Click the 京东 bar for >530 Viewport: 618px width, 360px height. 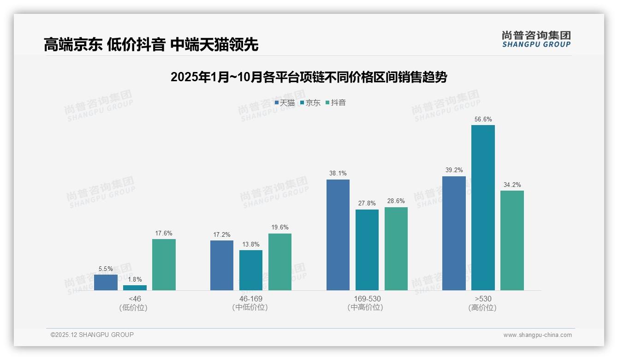point(483,208)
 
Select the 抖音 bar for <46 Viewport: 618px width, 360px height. point(164,264)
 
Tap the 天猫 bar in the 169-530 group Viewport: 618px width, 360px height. point(338,235)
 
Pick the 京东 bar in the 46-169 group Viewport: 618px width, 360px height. point(251,270)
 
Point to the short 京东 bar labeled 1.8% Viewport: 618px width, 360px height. point(135,288)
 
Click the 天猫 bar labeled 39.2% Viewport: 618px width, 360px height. point(454,233)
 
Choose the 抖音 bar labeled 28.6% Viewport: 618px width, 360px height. point(396,249)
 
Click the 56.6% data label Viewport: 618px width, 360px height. point(483,119)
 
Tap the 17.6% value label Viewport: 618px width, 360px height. point(164,233)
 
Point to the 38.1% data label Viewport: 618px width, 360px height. point(338,174)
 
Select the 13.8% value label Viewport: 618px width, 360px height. point(251,244)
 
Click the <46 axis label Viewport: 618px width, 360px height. point(135,299)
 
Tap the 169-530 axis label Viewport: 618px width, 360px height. point(367,299)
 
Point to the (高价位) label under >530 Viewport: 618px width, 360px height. point(483,308)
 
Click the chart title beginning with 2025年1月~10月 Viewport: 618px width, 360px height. point(309,77)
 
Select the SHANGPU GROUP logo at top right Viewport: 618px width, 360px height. point(536,39)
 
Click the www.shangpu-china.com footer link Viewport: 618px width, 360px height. point(537,335)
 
